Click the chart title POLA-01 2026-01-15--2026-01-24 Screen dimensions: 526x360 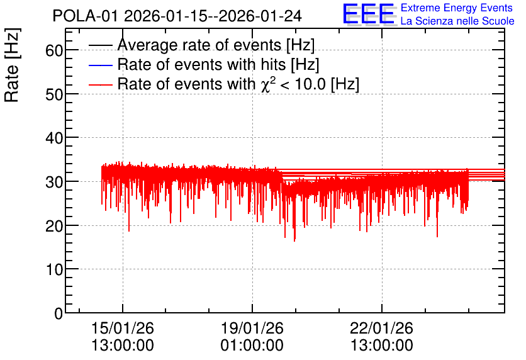pos(177,16)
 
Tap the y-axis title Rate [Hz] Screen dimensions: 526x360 pos(12,65)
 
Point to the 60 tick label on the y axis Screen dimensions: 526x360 pos(54,50)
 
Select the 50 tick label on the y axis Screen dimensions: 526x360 pos(54,94)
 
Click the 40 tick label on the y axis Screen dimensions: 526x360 pos(54,138)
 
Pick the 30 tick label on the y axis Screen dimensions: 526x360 pos(54,182)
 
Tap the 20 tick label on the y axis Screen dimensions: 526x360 pos(54,226)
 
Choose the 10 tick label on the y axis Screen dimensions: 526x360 pos(54,269)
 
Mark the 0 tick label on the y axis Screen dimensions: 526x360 pos(59,313)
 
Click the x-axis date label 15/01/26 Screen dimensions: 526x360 pos(123,328)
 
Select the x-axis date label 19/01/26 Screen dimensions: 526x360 pos(252,328)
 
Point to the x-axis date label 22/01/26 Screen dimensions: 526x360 pos(381,328)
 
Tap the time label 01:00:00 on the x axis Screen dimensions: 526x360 pos(252,346)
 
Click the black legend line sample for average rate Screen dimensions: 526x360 pos(100,45)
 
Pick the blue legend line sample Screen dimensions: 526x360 pos(100,65)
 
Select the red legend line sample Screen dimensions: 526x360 pos(100,84)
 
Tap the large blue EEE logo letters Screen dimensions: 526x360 pos(369,14)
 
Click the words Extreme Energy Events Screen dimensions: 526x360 pos(457,8)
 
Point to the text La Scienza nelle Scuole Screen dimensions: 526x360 pos(457,21)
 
